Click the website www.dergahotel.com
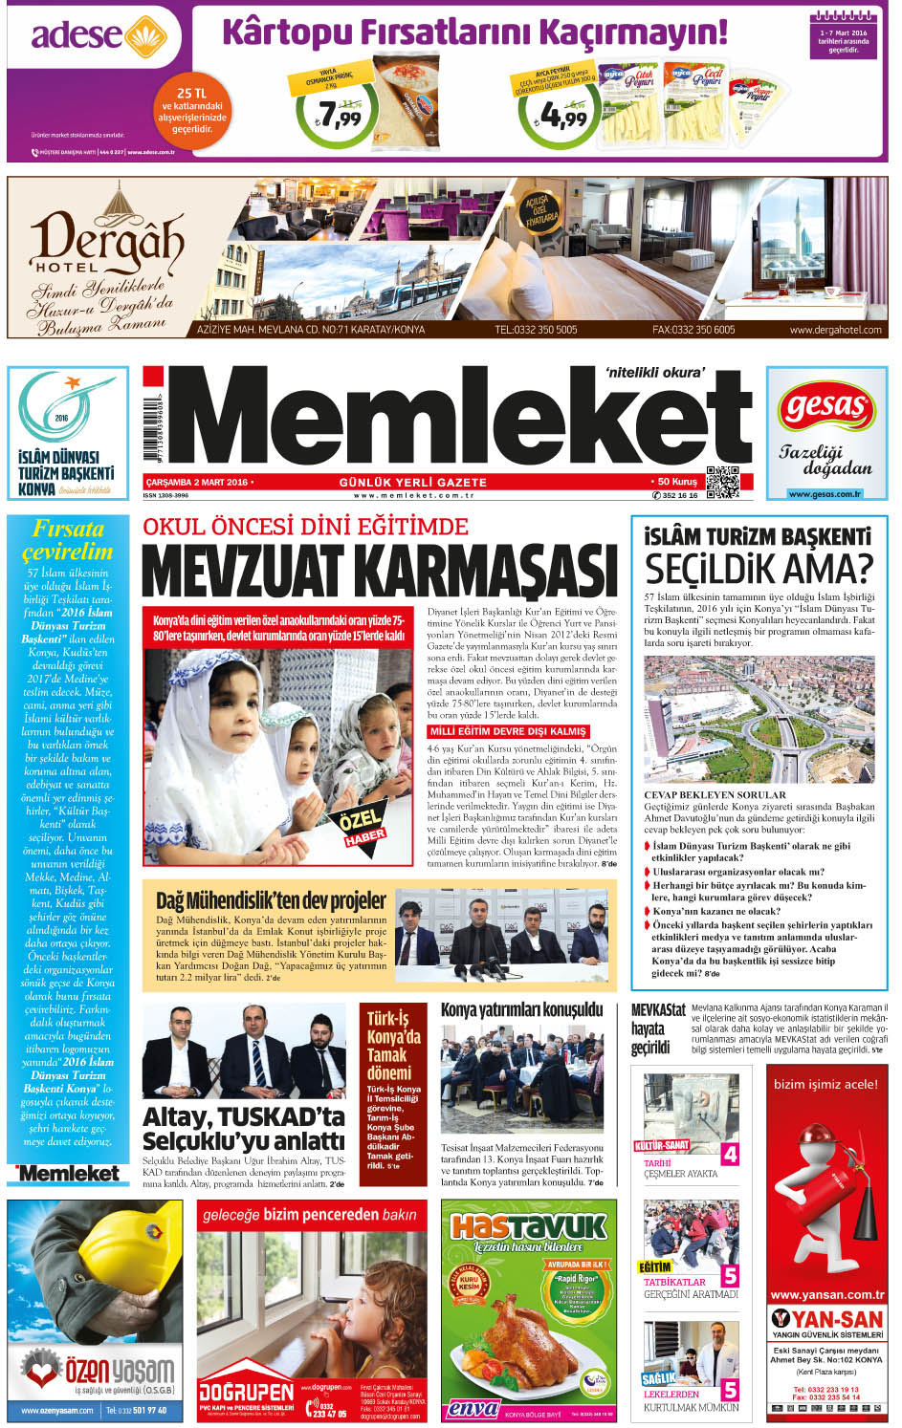coord(835,330)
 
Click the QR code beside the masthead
coord(722,482)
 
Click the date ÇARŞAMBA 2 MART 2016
coord(197,482)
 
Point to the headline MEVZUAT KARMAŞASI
coord(380,571)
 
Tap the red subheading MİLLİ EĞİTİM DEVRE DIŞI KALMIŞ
coord(508,731)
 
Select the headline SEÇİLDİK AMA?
coord(759,569)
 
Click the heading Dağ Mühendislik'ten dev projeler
coord(271,900)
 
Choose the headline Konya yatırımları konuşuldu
coord(521,1009)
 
